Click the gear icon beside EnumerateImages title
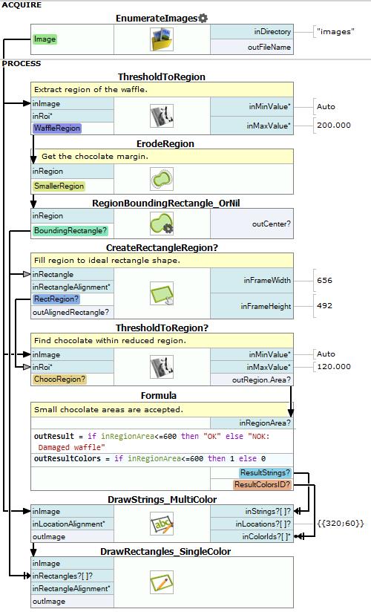tap(203, 18)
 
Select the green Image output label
tap(45, 39)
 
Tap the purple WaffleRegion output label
tap(57, 128)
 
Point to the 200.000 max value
tap(334, 126)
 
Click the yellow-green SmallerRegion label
tap(59, 186)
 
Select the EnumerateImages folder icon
tap(162, 39)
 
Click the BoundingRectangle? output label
tap(70, 231)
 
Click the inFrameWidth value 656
tap(324, 280)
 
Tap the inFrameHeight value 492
tap(324, 305)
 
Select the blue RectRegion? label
tap(56, 299)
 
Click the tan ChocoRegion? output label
tap(59, 379)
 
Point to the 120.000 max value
tap(334, 366)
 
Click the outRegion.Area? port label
tap(261, 380)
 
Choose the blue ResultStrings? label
tap(266, 472)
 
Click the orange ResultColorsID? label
tap(262, 485)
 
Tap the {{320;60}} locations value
tap(341, 523)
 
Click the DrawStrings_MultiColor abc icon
tap(162, 524)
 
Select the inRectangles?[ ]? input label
tap(62, 576)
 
